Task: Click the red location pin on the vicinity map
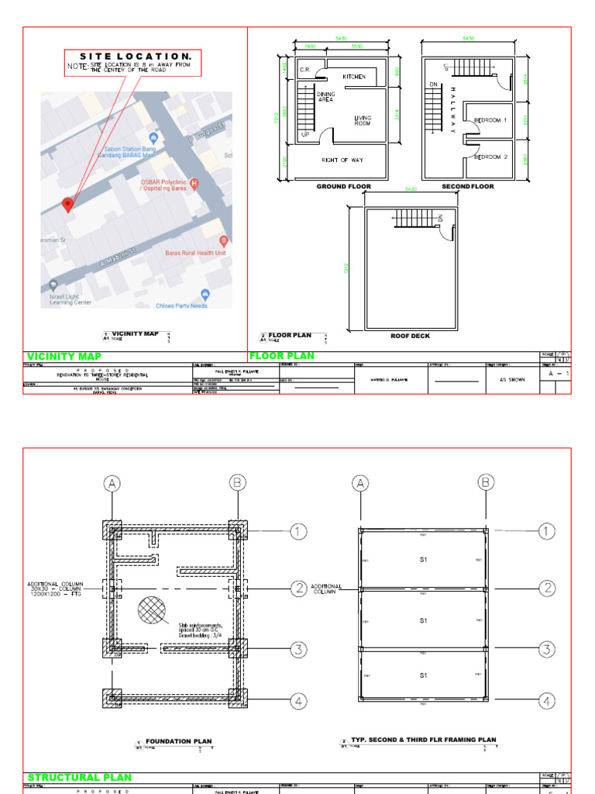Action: (x=67, y=205)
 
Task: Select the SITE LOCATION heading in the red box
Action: (x=135, y=57)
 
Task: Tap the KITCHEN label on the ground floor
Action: (x=354, y=77)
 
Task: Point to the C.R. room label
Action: (x=305, y=69)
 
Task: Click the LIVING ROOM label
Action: (x=363, y=120)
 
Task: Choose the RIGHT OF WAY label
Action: (x=342, y=160)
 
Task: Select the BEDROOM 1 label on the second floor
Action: (x=490, y=120)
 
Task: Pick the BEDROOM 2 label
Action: (x=490, y=157)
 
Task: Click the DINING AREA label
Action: (x=326, y=97)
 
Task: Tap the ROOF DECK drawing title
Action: (x=410, y=336)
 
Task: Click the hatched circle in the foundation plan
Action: (x=153, y=611)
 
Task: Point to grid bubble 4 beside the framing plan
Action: (x=548, y=701)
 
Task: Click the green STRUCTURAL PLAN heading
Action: (x=80, y=777)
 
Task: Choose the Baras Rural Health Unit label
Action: (x=194, y=252)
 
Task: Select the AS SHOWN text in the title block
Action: (x=508, y=381)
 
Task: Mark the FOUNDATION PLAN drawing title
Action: (x=179, y=741)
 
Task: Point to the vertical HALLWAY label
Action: (x=452, y=109)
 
